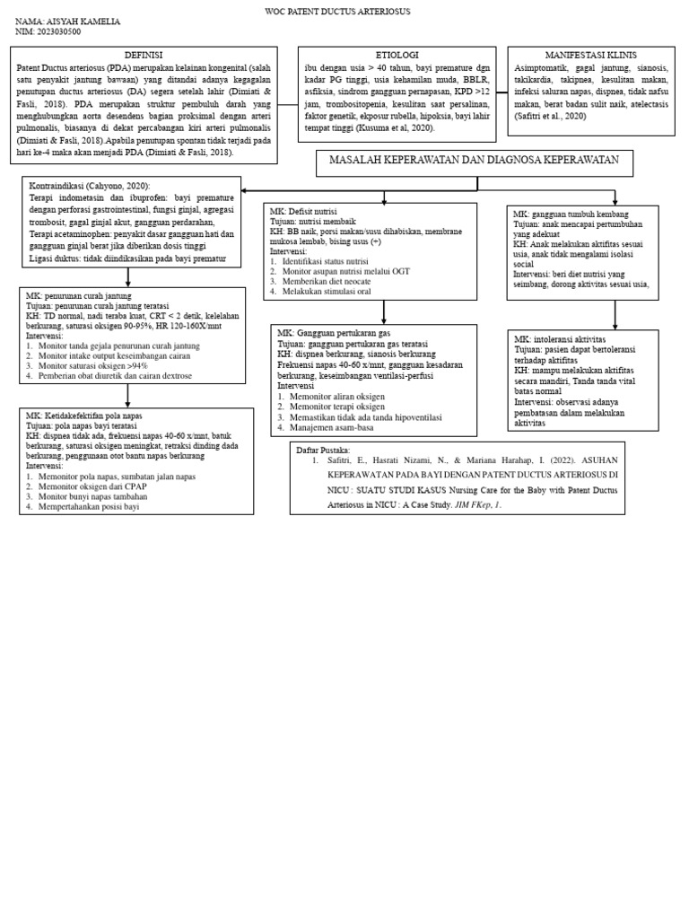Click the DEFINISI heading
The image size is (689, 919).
pos(144,55)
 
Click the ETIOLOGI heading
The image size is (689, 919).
pos(396,55)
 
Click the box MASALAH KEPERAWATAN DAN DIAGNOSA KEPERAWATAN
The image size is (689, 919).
pos(474,160)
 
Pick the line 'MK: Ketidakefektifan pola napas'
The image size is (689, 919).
pos(84,416)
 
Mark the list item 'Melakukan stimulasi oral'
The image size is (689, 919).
pos(327,292)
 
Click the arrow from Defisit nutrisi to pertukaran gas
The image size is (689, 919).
pos(384,312)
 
